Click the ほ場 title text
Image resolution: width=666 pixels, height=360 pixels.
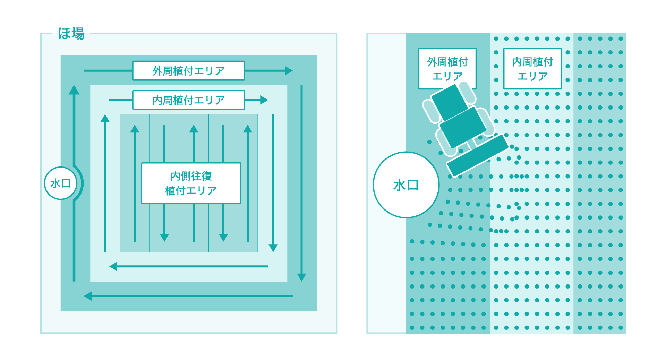pos(71,34)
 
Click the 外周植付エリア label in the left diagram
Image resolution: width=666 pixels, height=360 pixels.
pos(189,71)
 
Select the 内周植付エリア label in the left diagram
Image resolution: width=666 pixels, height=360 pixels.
pos(189,100)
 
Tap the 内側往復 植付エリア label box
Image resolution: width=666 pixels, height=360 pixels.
pos(191,183)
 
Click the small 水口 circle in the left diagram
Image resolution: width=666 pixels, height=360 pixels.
pos(61,183)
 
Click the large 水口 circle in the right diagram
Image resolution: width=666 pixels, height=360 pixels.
pos(406,185)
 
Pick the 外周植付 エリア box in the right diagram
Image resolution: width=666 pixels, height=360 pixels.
pos(447,69)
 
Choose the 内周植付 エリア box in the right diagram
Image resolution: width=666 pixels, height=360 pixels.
pos(532,69)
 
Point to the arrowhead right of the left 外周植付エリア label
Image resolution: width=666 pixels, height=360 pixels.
pos(289,71)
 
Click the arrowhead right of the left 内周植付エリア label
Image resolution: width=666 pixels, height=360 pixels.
pos(264,100)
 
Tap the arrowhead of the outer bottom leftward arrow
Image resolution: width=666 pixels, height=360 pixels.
pos(88,296)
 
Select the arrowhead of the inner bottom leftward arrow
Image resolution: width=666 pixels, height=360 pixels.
pos(113,266)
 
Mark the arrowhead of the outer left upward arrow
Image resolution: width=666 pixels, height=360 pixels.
pos(74,90)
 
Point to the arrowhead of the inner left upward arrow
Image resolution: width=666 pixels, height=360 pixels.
pos(105,118)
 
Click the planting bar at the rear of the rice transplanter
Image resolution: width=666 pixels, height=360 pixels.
pos(478,155)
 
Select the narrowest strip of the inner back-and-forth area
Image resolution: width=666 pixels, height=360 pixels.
pos(248,183)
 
